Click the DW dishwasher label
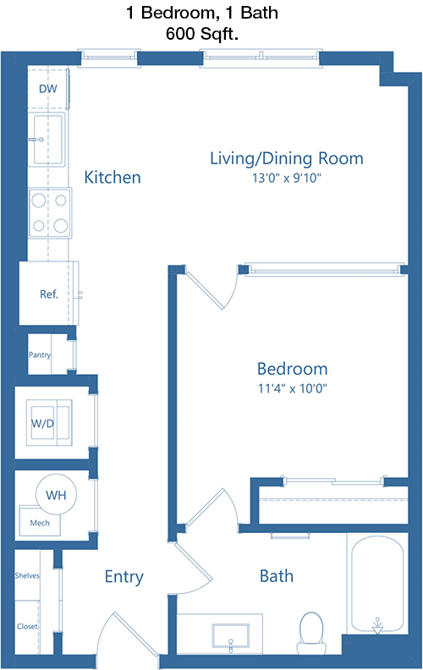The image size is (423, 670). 48,89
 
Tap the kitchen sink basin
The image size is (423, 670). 48,140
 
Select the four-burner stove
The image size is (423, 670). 50,213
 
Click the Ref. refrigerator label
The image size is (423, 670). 49,294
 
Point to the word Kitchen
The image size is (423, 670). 113,177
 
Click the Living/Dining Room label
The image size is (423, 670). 286,158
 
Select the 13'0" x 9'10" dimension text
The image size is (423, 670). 286,178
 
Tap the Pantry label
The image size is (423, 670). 39,354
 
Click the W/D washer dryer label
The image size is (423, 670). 43,424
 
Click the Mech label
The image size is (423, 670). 40,523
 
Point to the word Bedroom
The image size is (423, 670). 292,369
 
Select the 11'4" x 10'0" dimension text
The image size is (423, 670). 292,388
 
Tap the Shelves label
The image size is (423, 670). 27,575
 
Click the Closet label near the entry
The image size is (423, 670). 27,626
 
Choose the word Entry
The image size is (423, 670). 124,577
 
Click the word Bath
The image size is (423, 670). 277,576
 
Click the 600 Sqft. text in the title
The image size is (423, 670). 202,33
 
